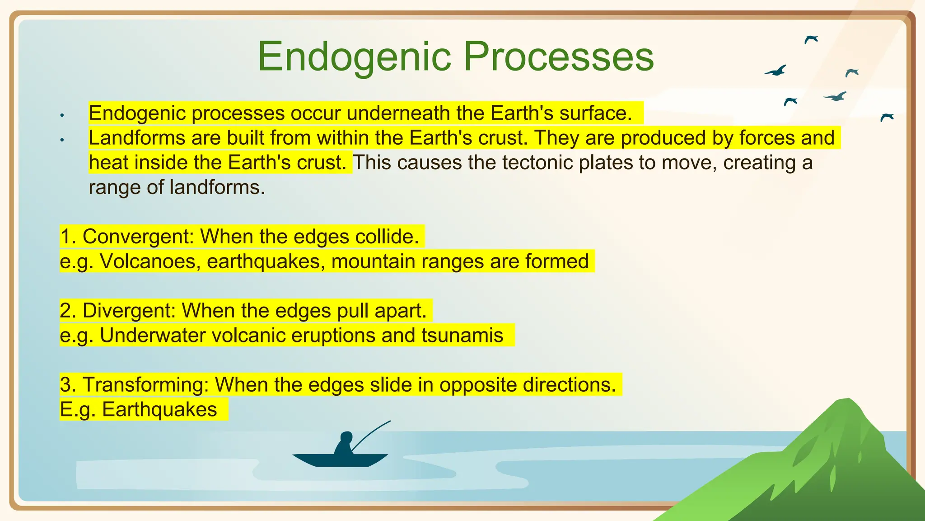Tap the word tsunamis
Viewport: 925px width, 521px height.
(462, 336)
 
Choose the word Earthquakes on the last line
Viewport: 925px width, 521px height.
(159, 410)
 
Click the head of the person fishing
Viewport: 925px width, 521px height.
(346, 437)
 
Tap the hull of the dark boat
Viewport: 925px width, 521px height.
(340, 460)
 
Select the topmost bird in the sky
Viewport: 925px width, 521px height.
(811, 39)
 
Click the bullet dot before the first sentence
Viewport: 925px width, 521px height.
(62, 116)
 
